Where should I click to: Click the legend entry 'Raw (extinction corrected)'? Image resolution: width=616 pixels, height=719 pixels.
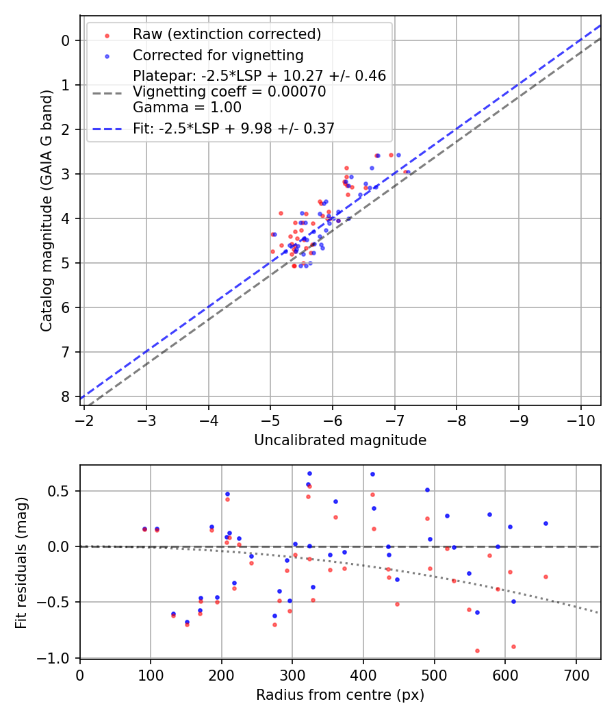coord(227,34)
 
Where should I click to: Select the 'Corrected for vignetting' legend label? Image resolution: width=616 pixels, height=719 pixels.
coord(218,55)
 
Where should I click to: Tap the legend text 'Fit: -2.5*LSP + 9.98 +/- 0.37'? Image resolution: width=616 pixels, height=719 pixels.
coord(233,129)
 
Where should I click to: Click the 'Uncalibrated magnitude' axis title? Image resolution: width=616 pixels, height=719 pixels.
coord(340,440)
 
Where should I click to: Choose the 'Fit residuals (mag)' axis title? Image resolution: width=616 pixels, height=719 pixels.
coord(21,563)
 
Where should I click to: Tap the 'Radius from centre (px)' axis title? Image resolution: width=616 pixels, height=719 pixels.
coord(340,695)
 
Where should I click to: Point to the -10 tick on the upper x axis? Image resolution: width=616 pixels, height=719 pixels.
coord(581,418)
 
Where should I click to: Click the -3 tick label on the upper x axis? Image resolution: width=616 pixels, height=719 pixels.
coord(146,418)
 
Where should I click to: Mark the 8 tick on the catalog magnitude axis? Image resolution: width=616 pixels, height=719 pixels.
coord(66,396)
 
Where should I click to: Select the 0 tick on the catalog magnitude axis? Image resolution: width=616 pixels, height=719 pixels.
coord(66,40)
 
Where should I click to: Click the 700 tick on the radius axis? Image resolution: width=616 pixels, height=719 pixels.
coord(576,674)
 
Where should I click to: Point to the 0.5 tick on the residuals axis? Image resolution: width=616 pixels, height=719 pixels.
coord(61,491)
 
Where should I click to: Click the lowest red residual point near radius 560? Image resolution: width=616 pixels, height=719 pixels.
coord(477,651)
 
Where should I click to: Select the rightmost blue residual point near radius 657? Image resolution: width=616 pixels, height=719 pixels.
coord(546,523)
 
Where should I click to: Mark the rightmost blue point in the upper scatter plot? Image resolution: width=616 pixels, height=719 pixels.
coord(398,155)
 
